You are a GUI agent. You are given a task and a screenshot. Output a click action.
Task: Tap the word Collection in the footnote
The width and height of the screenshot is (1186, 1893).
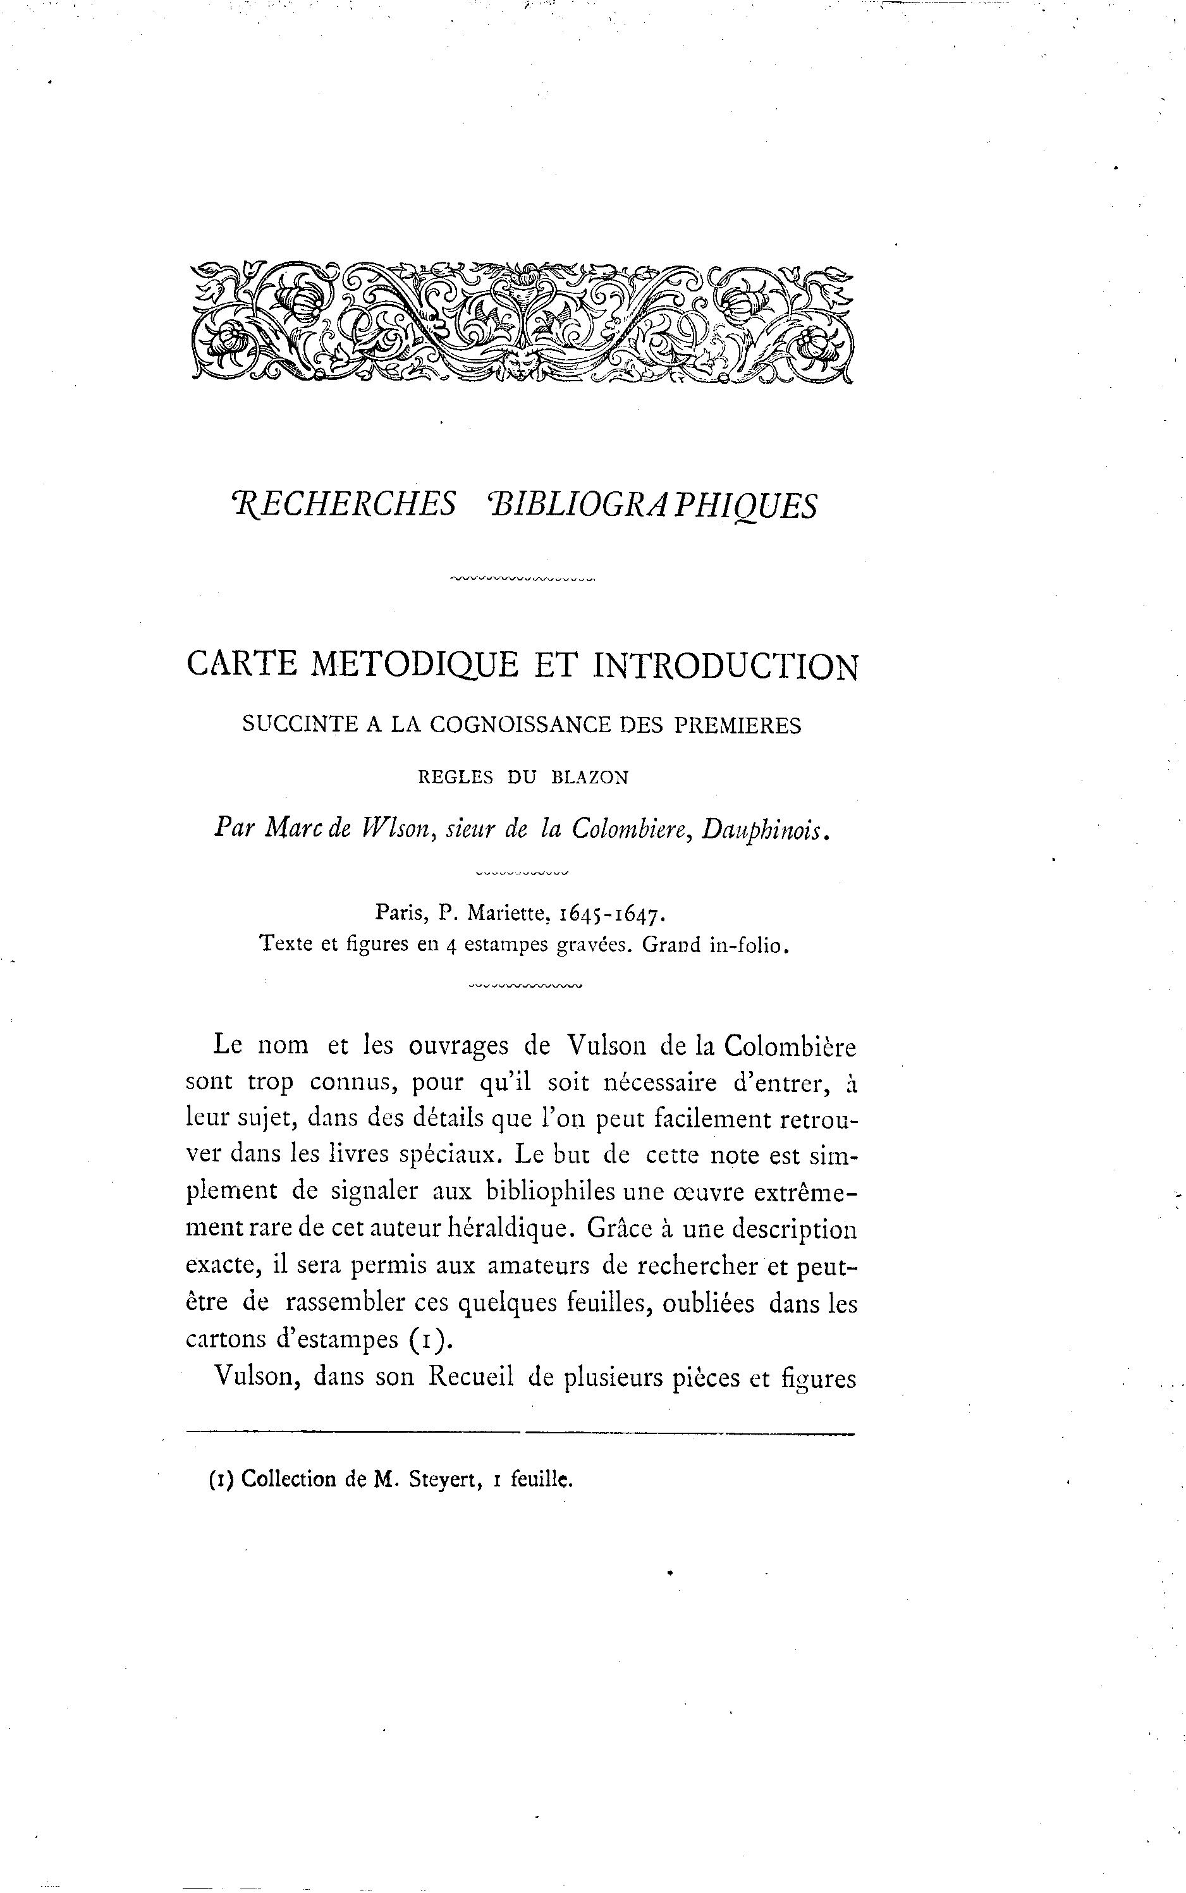pos(288,1479)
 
